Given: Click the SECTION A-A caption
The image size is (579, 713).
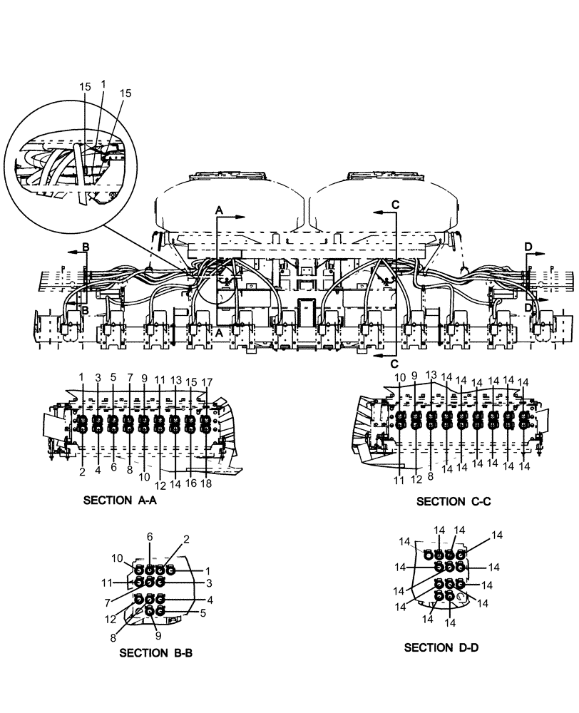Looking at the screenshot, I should (120, 501).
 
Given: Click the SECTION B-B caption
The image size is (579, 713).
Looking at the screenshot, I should (155, 652).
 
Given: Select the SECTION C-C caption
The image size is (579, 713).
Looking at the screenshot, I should (454, 501).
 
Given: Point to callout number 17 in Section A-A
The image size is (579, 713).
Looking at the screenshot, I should (207, 382).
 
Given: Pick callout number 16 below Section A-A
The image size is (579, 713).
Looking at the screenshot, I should (191, 483).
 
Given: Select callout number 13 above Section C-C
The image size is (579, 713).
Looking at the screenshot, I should (431, 375).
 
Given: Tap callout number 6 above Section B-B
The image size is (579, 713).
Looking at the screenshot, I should (150, 536).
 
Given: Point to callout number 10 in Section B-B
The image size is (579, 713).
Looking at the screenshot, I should (116, 558).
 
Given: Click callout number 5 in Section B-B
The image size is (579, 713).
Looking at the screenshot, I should (203, 612).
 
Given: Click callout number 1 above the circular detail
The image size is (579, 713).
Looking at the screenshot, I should (103, 83).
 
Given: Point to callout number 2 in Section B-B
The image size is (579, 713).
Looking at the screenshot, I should (186, 540).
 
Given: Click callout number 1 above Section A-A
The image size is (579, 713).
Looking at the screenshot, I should (82, 376).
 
